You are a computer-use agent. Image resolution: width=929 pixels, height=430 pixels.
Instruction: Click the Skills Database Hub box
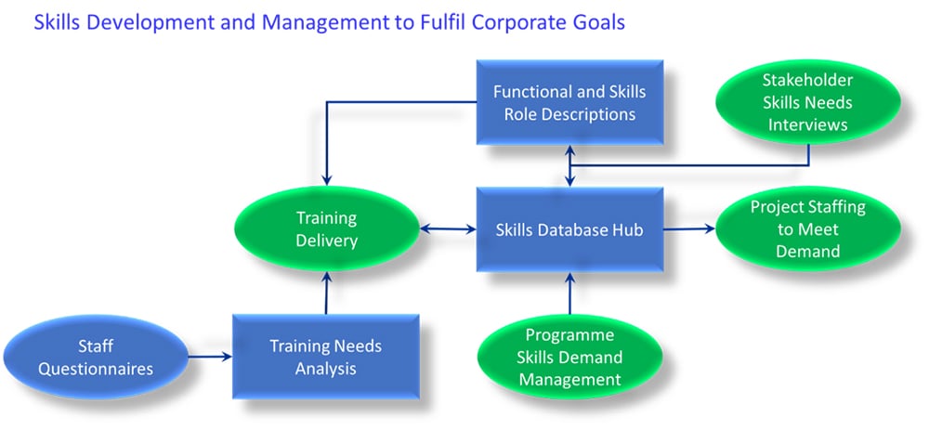[570, 229]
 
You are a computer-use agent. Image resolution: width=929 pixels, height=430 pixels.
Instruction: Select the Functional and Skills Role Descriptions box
[570, 102]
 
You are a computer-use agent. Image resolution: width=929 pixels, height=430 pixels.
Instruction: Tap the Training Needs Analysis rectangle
[326, 357]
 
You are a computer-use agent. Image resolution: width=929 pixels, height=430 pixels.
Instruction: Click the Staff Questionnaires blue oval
[96, 358]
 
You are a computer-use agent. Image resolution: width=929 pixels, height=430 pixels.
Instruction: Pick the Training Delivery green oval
[327, 229]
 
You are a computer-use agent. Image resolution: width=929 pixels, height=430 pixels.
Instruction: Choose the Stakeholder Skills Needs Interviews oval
[808, 102]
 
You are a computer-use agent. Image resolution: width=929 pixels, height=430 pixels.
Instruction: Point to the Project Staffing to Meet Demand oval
[808, 229]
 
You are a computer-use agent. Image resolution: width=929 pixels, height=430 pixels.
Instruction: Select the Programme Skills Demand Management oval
[570, 358]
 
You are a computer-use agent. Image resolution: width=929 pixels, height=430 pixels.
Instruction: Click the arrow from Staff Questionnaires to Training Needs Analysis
[210, 357]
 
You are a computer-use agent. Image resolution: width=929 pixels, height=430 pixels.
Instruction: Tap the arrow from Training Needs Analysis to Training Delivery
[326, 293]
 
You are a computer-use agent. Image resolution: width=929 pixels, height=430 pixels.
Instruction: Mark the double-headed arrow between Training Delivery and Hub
[449, 228]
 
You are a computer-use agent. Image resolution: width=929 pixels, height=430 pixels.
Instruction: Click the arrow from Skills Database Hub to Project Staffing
[689, 228]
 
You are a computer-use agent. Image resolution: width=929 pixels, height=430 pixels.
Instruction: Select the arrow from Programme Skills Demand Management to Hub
[570, 293]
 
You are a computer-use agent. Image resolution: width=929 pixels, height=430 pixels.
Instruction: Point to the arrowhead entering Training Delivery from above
[326, 181]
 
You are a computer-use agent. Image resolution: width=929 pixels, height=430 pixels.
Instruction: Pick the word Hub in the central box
[629, 229]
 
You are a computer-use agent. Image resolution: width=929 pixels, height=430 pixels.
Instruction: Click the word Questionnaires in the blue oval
[96, 370]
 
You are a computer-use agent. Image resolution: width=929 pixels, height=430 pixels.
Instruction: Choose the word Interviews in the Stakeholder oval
[808, 125]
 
